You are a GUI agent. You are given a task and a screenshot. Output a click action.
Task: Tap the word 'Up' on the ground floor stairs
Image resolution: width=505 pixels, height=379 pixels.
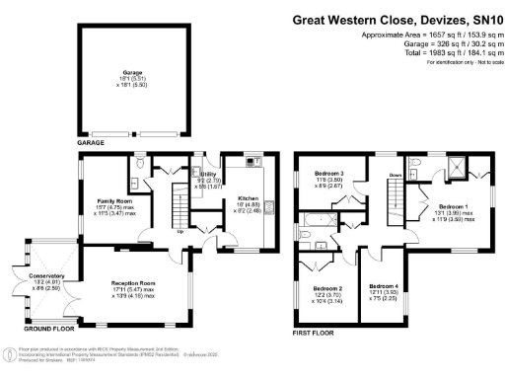[180, 232]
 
